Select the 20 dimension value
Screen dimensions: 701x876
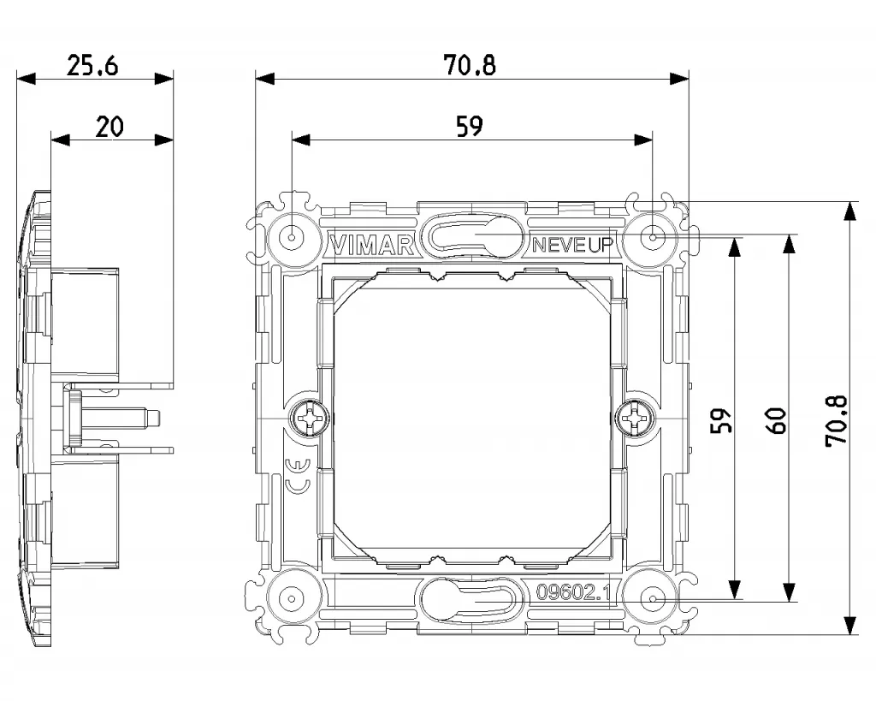(109, 127)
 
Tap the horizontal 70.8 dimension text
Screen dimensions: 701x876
(470, 65)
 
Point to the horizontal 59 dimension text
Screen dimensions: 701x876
(470, 127)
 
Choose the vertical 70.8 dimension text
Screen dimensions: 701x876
(836, 419)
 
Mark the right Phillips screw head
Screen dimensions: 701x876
(636, 419)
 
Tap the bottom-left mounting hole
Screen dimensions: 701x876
(292, 598)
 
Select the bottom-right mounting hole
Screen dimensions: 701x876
(653, 598)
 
